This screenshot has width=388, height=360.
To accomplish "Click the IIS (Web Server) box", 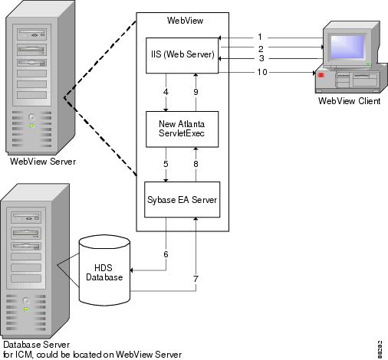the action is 182,56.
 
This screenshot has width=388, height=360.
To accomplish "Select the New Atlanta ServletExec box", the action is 182,129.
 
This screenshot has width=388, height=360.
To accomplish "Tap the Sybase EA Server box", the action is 182,200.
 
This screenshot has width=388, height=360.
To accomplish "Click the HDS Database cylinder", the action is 104,270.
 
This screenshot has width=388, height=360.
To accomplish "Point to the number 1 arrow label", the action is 260,37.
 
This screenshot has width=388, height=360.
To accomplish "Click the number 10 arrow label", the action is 262,72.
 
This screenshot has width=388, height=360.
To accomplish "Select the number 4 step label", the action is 166,92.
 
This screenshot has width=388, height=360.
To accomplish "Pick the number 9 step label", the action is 196,92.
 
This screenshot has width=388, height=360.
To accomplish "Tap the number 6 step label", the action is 166,254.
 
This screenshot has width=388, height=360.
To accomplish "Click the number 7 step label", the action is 196,279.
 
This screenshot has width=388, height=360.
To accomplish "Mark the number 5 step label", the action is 166,164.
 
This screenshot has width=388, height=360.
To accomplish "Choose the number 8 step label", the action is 196,164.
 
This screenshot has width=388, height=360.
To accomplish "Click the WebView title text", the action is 185,21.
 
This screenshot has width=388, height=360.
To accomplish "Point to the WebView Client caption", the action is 349,101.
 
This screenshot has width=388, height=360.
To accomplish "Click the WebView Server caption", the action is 43,162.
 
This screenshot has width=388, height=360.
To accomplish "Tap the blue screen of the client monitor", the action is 347,47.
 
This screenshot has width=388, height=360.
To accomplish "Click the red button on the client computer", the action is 321,75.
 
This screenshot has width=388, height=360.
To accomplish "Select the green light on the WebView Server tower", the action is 32,126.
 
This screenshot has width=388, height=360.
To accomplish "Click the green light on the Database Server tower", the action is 26,309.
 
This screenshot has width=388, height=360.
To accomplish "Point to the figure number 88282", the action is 380,349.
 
